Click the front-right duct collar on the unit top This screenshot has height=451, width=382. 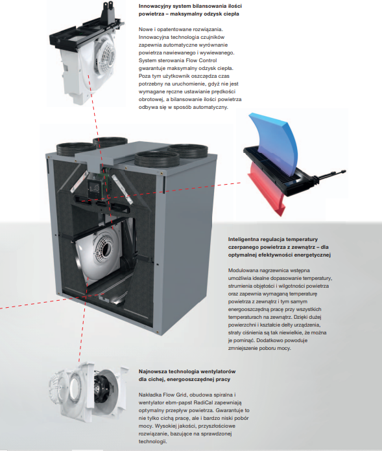pyautogui.click(x=157, y=158)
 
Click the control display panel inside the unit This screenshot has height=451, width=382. pyautogui.click(x=95, y=188)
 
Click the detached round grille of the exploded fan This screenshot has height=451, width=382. pyautogui.click(x=59, y=387)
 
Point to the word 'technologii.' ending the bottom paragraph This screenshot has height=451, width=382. pyautogui.click(x=152, y=441)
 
